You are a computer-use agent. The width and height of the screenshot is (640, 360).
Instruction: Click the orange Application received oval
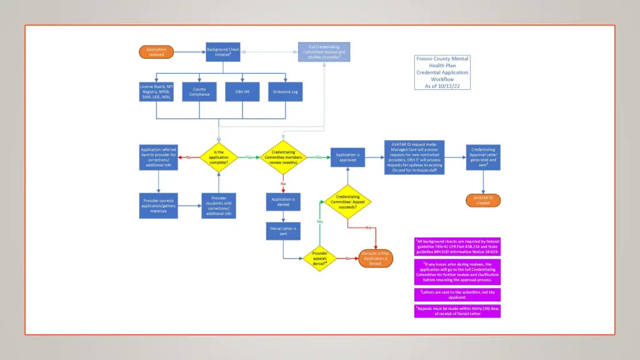coord(156,52)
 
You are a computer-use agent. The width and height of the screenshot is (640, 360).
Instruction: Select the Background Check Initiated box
coord(223,51)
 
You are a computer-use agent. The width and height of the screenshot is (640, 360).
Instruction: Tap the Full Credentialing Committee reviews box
coord(323,52)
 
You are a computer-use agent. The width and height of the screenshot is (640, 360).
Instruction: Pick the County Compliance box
coord(199,92)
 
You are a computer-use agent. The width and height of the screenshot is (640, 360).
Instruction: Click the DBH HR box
coord(242,92)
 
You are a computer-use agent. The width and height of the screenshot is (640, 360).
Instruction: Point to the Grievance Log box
coord(285,92)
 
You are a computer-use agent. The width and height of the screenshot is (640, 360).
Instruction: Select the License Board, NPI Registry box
coord(156,92)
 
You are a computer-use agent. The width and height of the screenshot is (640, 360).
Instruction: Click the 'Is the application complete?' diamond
coord(218,157)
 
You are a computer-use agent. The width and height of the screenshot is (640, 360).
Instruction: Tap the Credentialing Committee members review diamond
coord(283,157)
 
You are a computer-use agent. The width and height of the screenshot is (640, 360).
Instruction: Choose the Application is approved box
coord(347,157)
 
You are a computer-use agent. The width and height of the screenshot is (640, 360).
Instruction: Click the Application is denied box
coord(283,202)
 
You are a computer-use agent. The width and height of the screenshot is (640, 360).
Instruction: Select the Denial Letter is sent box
coord(283,231)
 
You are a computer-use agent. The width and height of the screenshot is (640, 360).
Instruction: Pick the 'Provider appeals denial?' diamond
coord(319,258)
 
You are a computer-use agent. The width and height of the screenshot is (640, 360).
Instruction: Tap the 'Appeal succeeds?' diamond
coord(347,202)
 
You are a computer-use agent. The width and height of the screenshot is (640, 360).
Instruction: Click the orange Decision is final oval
coord(376,258)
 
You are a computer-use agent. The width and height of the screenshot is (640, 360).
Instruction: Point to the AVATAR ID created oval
coord(482,200)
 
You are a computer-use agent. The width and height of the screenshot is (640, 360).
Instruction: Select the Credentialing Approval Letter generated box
coord(483,157)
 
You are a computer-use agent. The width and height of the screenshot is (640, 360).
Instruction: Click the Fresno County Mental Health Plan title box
coord(442,72)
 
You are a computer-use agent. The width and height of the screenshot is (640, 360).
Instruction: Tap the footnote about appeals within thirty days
coord(457,311)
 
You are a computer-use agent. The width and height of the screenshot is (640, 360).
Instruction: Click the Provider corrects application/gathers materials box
coord(159,205)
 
